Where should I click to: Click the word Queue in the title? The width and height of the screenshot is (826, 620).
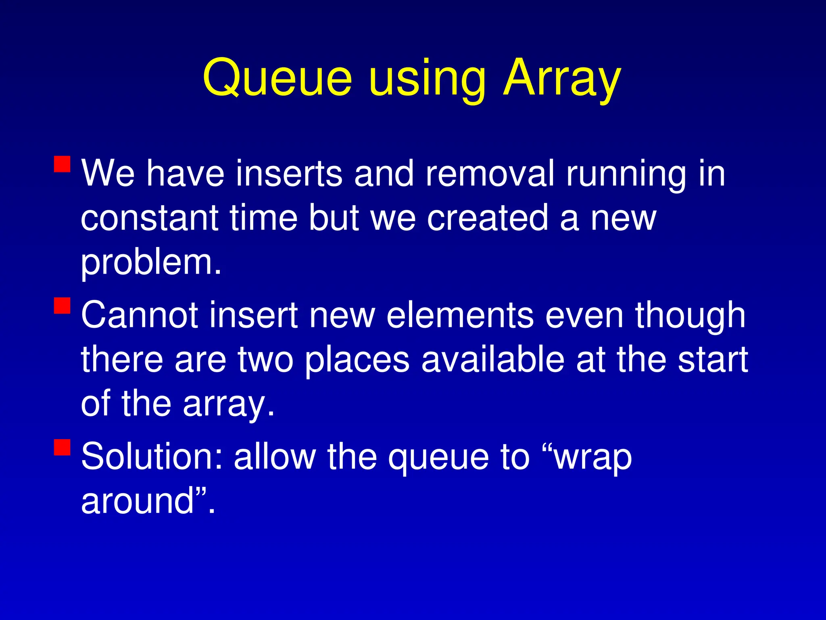click(x=277, y=77)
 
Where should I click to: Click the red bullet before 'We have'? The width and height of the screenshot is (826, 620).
click(x=62, y=164)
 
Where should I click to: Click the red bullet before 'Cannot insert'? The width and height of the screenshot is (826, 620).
click(x=62, y=306)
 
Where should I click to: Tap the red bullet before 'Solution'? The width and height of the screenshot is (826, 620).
click(x=62, y=447)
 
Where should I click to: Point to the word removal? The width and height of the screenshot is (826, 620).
click(x=490, y=174)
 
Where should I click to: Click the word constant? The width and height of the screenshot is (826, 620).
click(x=150, y=218)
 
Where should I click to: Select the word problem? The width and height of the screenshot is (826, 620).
click(x=151, y=263)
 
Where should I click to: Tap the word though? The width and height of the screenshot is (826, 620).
click(x=690, y=316)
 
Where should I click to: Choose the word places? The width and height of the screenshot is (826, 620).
click(x=357, y=360)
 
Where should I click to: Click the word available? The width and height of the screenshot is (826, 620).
click(x=492, y=359)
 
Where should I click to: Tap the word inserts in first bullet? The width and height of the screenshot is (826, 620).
click(x=289, y=174)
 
